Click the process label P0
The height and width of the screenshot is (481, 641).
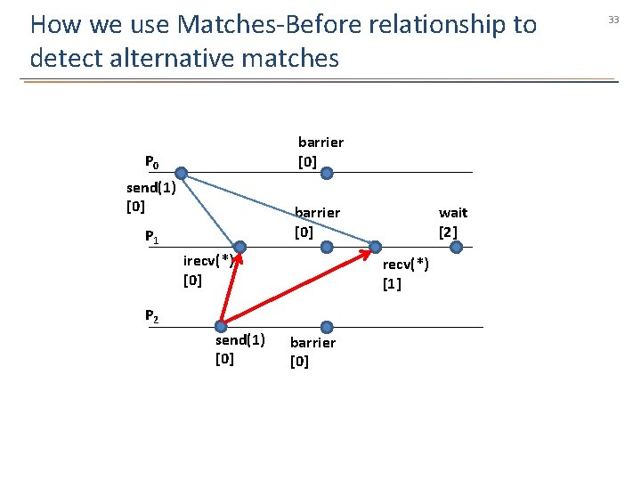tap(152, 162)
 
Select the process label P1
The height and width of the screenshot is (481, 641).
tap(152, 237)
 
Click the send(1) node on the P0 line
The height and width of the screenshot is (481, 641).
tap(181, 173)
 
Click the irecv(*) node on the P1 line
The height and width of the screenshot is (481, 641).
tap(240, 248)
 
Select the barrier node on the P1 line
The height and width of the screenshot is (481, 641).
tap(327, 248)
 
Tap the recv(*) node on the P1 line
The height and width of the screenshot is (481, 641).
tap(376, 248)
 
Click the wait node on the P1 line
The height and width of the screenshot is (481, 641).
tap(456, 248)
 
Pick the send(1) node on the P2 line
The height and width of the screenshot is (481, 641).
tap(219, 327)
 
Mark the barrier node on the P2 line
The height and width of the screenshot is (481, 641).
tap(327, 327)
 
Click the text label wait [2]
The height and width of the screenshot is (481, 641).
tap(452, 222)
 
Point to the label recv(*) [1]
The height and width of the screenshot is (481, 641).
tap(405, 273)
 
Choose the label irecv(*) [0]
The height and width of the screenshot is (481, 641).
tap(207, 270)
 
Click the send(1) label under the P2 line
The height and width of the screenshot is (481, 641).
tap(239, 348)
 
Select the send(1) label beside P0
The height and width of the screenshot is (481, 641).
tap(150, 197)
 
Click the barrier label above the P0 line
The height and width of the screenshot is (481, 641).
tap(320, 151)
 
